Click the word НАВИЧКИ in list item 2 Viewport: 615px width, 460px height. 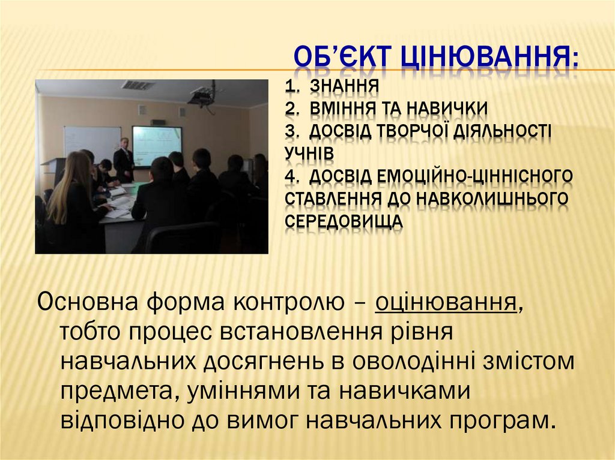pos(447,109)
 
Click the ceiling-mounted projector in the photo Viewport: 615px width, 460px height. pos(201,95)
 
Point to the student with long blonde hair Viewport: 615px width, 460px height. pos(69,198)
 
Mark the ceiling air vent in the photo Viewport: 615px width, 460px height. pos(138,85)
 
